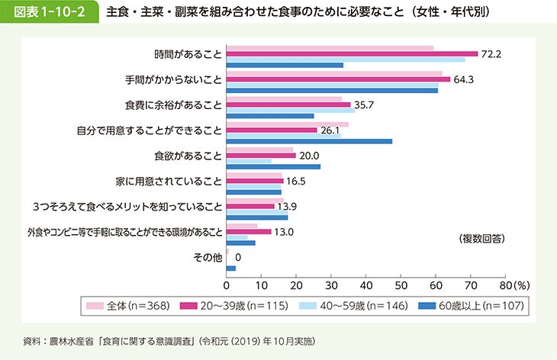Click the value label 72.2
point(490,53)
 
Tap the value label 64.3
point(463,79)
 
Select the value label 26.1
point(330,130)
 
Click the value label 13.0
point(284,231)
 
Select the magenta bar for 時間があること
point(352,53)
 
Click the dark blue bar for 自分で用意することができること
point(309,141)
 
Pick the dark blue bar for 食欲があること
point(273,166)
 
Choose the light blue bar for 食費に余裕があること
point(290,111)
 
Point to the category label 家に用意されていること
point(175,181)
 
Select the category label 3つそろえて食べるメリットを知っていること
point(127,206)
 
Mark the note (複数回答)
point(482,239)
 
